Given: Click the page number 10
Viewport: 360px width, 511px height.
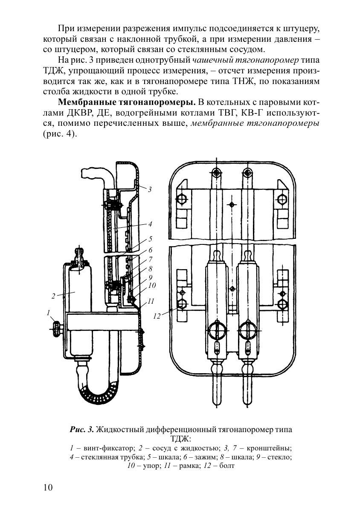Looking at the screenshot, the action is click(x=48, y=487).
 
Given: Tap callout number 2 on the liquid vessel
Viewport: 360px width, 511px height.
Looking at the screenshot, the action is click(x=53, y=296).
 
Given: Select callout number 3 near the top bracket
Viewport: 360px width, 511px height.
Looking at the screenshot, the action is click(x=150, y=189).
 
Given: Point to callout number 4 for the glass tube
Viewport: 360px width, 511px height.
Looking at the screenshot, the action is click(x=150, y=224).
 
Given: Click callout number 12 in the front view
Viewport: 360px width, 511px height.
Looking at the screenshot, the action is click(x=157, y=316).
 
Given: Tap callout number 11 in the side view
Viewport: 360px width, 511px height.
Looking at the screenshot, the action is click(x=151, y=301).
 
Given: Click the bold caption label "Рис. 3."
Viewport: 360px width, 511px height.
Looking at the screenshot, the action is click(x=82, y=430).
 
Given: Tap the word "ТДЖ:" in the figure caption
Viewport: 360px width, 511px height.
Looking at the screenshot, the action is click(x=181, y=438).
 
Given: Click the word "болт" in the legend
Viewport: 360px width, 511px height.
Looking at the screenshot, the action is click(x=227, y=465).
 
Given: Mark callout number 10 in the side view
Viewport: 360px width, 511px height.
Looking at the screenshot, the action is click(x=151, y=285).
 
